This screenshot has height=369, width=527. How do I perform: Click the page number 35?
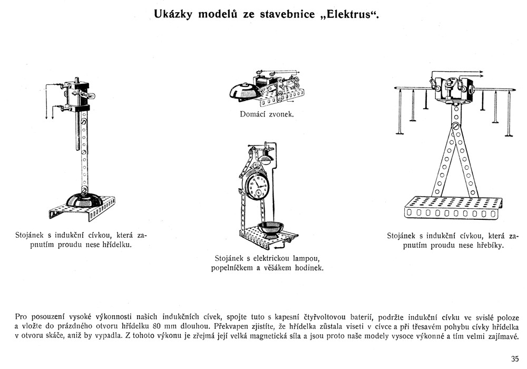point(515,358)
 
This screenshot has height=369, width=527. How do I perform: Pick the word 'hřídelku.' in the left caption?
point(113,245)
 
